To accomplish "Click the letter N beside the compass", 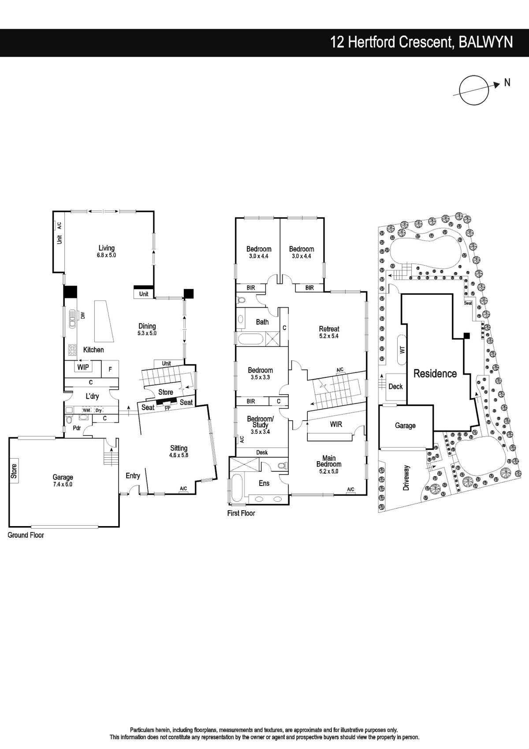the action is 507,82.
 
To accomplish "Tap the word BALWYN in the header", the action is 486,42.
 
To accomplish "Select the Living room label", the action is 107,251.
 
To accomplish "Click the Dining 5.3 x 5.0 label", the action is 147,329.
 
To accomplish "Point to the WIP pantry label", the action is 83,367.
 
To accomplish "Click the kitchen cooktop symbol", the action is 72,350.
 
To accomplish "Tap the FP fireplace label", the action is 168,408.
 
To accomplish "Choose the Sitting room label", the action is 179,452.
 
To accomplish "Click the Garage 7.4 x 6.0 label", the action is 63,481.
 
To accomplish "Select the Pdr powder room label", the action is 77,428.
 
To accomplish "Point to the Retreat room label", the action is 329,332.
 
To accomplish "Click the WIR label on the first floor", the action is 336,424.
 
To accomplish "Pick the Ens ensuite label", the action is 264,483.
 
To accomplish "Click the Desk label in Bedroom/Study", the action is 262,452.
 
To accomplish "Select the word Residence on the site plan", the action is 435,373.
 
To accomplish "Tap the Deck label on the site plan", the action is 395,387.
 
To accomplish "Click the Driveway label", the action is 406,478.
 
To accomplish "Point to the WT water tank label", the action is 402,350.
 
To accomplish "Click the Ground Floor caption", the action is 26,535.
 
